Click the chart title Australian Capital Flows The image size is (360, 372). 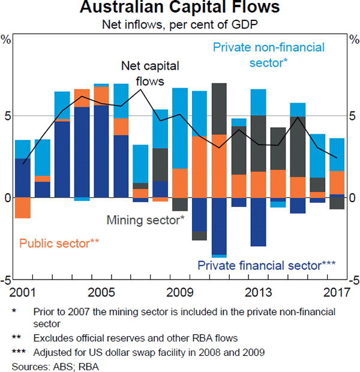pos(179,8)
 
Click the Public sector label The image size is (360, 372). pos(59,244)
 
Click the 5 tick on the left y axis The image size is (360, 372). pos(7,116)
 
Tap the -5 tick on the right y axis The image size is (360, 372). pos(353,280)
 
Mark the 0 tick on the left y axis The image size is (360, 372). pos(7,198)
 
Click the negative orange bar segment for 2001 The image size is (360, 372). pos(23,208)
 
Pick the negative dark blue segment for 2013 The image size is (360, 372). pos(258,221)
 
